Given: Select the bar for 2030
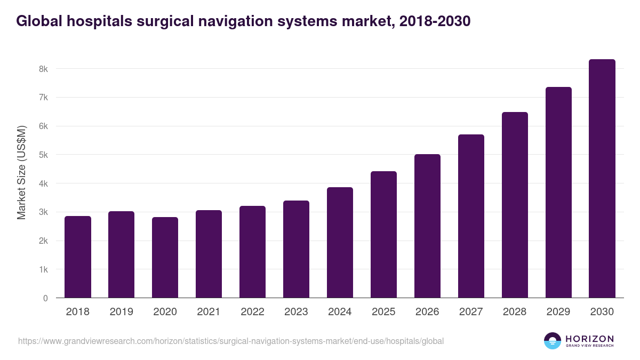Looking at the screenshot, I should [x=602, y=179].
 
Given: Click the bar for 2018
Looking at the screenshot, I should [x=78, y=257].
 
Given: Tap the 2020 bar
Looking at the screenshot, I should [x=165, y=258].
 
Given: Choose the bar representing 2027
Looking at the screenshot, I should [x=471, y=216].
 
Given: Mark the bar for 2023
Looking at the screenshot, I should [x=296, y=249].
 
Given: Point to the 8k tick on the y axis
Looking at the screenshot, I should [x=43, y=69].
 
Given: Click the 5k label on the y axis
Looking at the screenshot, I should [x=43, y=155].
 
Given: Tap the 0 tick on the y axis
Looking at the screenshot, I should [x=45, y=298].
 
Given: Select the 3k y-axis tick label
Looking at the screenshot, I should [x=43, y=212].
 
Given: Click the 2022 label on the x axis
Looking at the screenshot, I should [x=252, y=312].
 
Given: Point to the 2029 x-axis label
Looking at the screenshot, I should [x=558, y=312].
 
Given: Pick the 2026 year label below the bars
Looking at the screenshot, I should [x=427, y=312].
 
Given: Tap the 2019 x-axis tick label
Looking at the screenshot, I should [x=121, y=312].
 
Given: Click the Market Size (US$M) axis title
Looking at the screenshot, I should [x=21, y=172].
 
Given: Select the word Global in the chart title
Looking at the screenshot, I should [x=38, y=21].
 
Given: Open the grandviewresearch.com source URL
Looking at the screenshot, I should [x=230, y=341].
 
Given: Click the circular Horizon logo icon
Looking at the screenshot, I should [x=553, y=341].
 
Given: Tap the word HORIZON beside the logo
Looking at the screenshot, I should [x=589, y=339].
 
